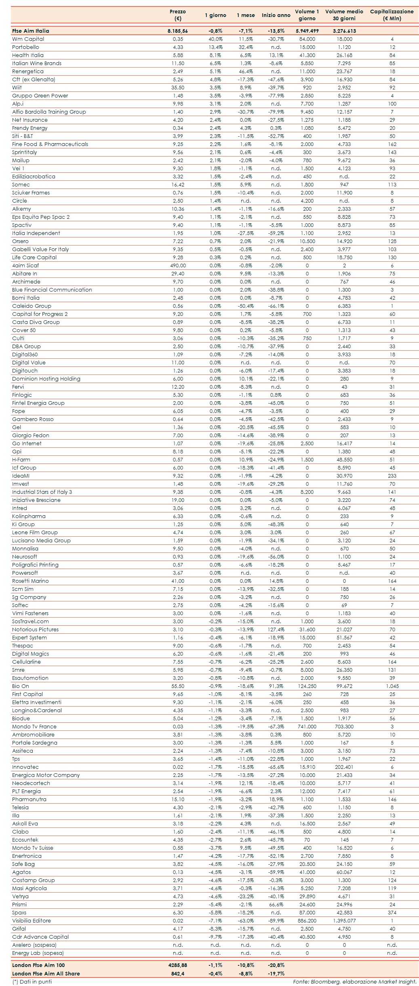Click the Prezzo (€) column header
pyautogui.click(x=177, y=15)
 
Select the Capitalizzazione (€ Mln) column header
pyautogui.click(x=392, y=15)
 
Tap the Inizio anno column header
pyautogui.click(x=276, y=15)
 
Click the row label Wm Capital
pyautogui.click(x=28, y=39)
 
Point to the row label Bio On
pyautogui.click(x=21, y=686)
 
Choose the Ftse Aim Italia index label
pyautogui.click(x=31, y=31)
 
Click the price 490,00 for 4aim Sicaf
pyautogui.click(x=178, y=265)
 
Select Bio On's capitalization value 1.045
pyautogui.click(x=392, y=686)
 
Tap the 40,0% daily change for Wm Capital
pyautogui.click(x=215, y=39)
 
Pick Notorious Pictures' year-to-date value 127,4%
pyautogui.click(x=276, y=629)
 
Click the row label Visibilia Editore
pyautogui.click(x=32, y=920)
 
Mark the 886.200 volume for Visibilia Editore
pyautogui.click(x=307, y=920)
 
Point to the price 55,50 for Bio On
pyautogui.click(x=178, y=686)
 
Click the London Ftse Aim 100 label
pyautogui.click(x=38, y=965)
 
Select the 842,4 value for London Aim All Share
pyautogui.click(x=178, y=973)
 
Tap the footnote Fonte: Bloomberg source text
pyautogui.click(x=355, y=982)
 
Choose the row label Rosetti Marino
pyautogui.click(x=30, y=581)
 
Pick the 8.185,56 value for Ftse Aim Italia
pyautogui.click(x=178, y=31)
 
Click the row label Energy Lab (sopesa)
pyautogui.click(x=38, y=953)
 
